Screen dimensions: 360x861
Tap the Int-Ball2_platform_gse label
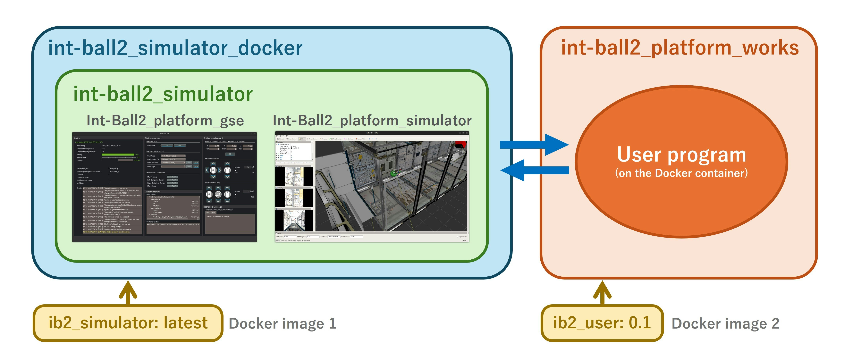pos(165,120)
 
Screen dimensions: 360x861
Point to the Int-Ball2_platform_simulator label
pos(372,120)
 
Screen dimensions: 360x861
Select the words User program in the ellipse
pos(681,155)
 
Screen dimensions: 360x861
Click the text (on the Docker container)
pos(681,173)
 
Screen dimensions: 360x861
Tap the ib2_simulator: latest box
pos(128,323)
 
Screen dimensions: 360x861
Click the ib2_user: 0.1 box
pos(602,323)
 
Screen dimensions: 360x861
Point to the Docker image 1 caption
pos(283,323)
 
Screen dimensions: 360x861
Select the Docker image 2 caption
pos(725,323)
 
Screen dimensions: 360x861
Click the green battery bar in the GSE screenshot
pos(118,155)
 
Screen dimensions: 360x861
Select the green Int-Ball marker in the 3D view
pos(394,173)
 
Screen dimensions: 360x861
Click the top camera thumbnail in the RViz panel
pos(294,177)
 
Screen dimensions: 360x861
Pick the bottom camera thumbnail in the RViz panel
pos(294,220)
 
